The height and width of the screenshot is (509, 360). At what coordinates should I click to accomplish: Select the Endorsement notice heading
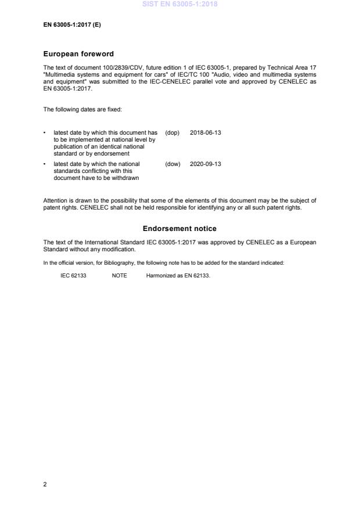click(x=179, y=229)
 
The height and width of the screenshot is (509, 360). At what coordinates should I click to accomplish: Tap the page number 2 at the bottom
click(x=45, y=485)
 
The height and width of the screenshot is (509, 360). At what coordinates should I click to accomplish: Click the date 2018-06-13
click(x=206, y=133)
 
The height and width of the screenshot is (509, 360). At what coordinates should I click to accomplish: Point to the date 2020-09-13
click(x=206, y=164)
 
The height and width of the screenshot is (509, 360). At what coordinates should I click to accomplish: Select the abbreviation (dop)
click(x=172, y=133)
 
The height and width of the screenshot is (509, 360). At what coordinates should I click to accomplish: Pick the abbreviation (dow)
click(x=173, y=164)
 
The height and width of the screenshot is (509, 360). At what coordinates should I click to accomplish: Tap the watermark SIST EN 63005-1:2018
click(x=179, y=4)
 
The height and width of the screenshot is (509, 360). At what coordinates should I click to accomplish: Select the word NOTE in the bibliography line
click(x=119, y=276)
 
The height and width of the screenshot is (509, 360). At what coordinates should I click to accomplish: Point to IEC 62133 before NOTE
click(x=73, y=276)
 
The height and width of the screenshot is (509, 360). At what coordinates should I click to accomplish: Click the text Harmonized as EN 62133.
click(x=174, y=276)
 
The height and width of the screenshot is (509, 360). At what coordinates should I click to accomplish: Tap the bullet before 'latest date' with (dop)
click(x=45, y=133)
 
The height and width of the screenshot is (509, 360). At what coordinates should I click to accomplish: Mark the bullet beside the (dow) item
click(x=45, y=164)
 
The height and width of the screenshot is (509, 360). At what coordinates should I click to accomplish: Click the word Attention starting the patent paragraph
click(x=55, y=201)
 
